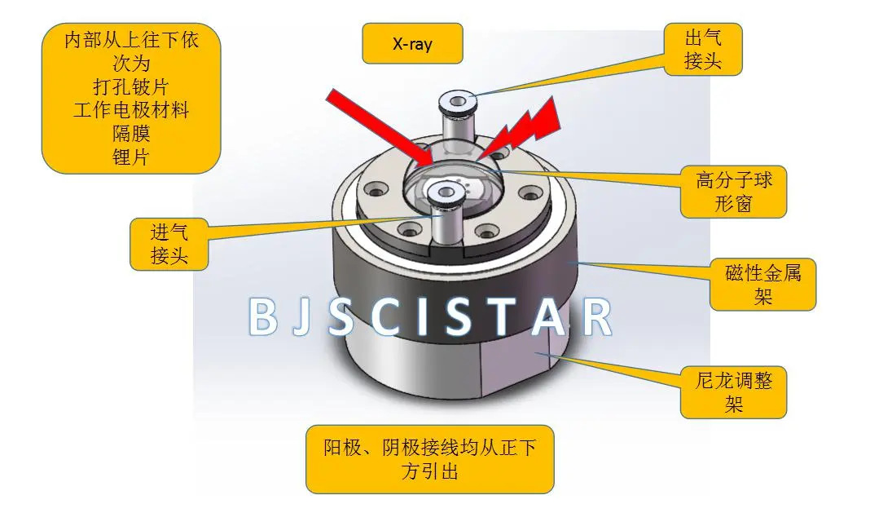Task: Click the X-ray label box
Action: click(412, 43)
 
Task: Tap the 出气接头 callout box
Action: click(703, 49)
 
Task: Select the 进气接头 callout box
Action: click(169, 244)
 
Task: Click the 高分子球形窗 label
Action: click(733, 192)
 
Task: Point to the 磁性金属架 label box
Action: click(763, 284)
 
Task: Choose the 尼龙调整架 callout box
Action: click(733, 391)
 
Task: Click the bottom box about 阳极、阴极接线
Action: click(430, 459)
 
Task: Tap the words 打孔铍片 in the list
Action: click(131, 86)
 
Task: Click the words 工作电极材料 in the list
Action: click(131, 110)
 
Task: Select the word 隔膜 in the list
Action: click(131, 133)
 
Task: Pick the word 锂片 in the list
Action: click(131, 157)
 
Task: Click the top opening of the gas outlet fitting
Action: click(458, 102)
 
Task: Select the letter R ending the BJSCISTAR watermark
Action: click(597, 317)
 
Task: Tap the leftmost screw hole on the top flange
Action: click(376, 192)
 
